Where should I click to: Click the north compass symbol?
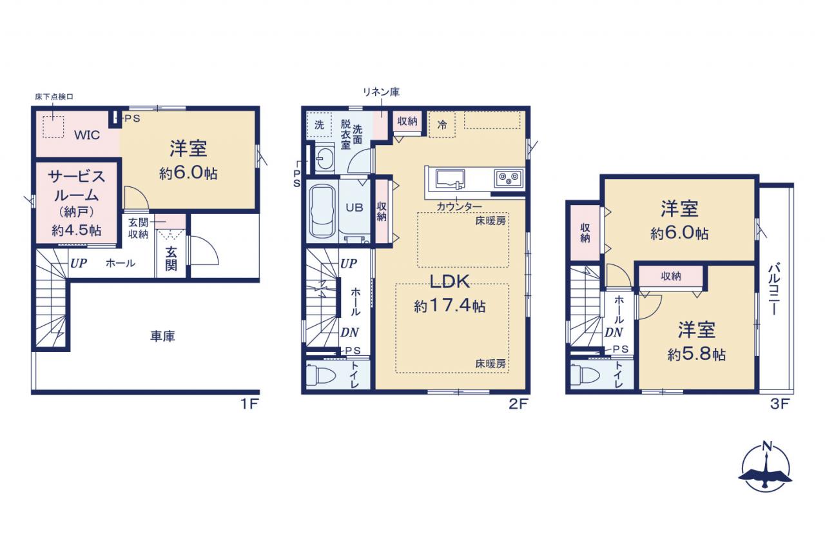tap(765, 469)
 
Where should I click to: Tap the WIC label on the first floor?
tap(87, 135)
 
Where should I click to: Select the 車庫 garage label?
tap(162, 336)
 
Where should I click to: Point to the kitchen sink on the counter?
tap(449, 180)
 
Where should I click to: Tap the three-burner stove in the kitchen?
tap(509, 179)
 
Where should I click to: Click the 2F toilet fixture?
tap(321, 375)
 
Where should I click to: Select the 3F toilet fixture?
tap(585, 375)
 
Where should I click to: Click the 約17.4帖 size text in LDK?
tap(450, 306)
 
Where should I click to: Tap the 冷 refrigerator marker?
tap(442, 125)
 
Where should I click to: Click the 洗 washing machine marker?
tap(319, 125)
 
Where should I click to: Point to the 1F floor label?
tap(249, 404)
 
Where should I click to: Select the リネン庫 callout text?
tap(381, 92)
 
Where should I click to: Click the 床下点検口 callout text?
tap(54, 97)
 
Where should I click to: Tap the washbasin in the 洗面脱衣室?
tap(325, 159)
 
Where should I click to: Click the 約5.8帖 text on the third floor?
tap(697, 355)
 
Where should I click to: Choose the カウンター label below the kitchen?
tap(460, 207)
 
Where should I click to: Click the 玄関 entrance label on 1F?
tap(171, 259)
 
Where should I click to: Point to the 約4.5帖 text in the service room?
tap(77, 230)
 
